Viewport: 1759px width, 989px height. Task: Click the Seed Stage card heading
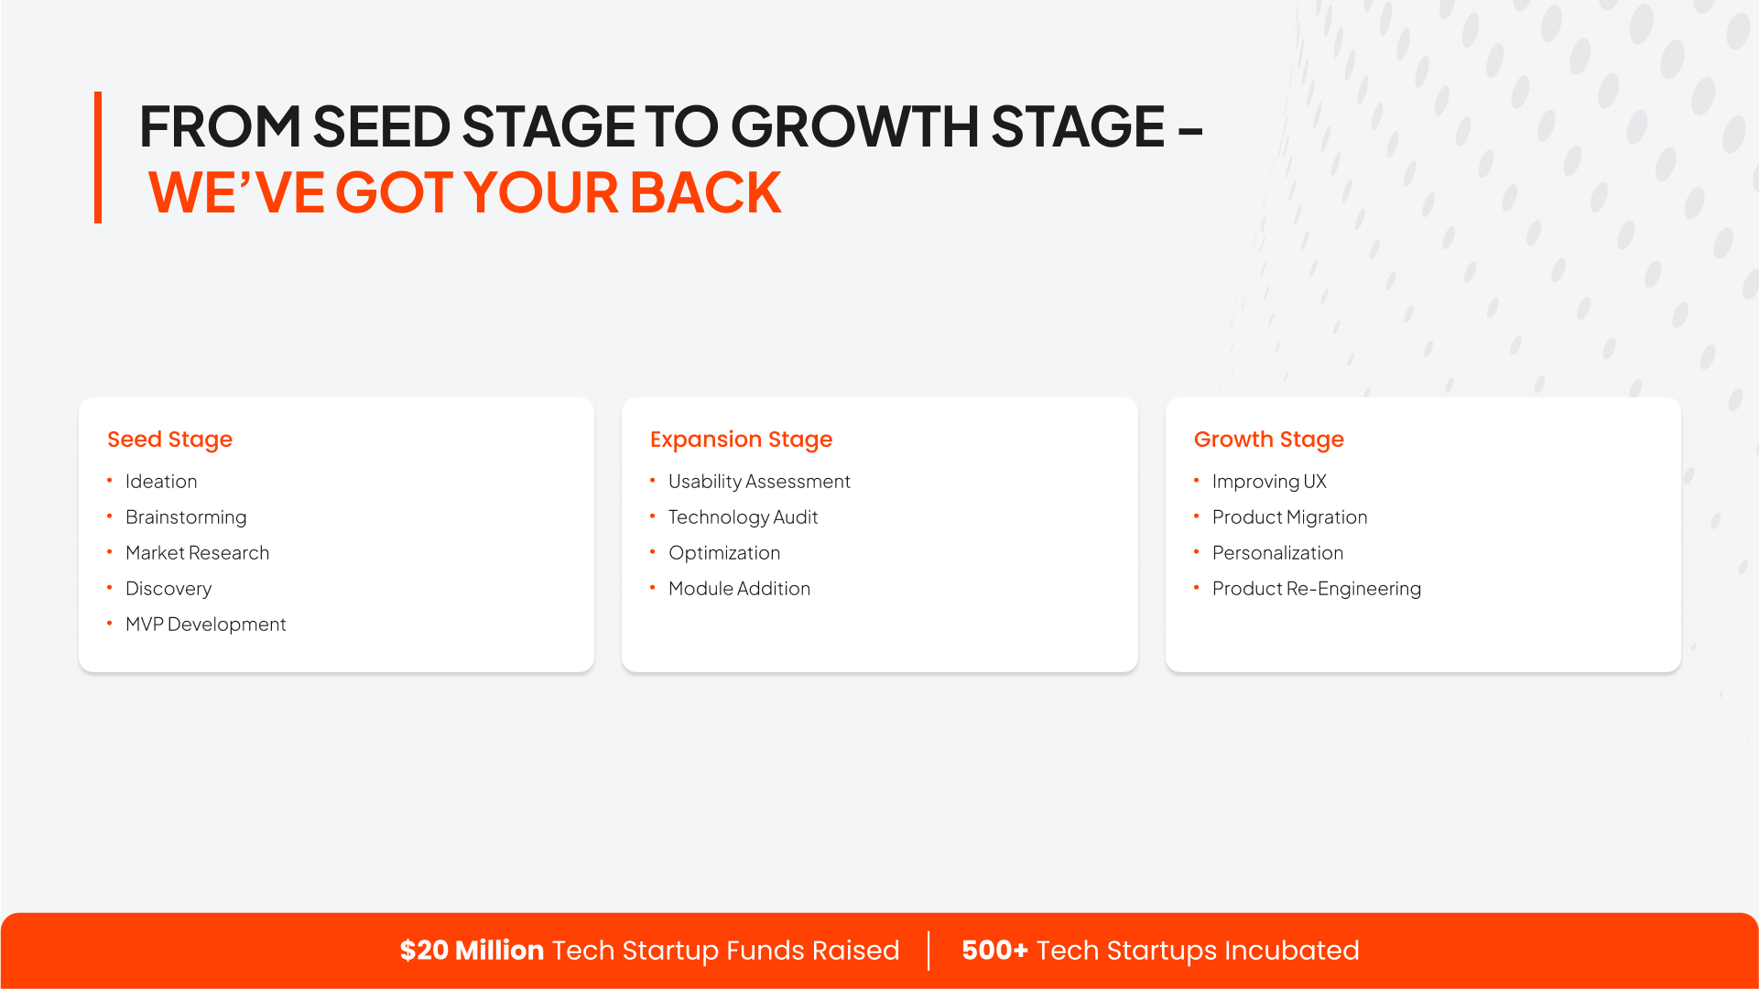click(169, 440)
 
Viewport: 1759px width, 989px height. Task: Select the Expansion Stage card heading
click(741, 440)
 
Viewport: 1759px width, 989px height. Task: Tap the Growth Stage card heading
click(1268, 440)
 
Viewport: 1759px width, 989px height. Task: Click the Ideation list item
click(161, 482)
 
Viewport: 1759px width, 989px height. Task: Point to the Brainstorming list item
click(186, 517)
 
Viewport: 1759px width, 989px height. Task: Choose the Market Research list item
click(197, 553)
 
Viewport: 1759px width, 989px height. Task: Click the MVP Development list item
click(205, 625)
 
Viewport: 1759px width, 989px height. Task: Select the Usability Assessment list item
click(759, 482)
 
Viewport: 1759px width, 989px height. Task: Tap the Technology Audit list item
click(743, 517)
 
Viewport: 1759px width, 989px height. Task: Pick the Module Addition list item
click(739, 589)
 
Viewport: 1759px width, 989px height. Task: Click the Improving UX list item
click(1269, 482)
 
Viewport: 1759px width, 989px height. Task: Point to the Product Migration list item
click(1289, 517)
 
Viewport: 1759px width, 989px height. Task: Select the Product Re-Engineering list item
click(1317, 589)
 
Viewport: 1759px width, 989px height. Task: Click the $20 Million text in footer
click(472, 951)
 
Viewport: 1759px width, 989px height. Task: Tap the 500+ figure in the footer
click(994, 951)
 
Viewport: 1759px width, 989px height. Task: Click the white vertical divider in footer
click(928, 951)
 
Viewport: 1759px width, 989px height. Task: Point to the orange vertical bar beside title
click(98, 158)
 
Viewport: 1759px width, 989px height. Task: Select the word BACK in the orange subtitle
click(705, 193)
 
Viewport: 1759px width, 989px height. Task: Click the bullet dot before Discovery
click(109, 588)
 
